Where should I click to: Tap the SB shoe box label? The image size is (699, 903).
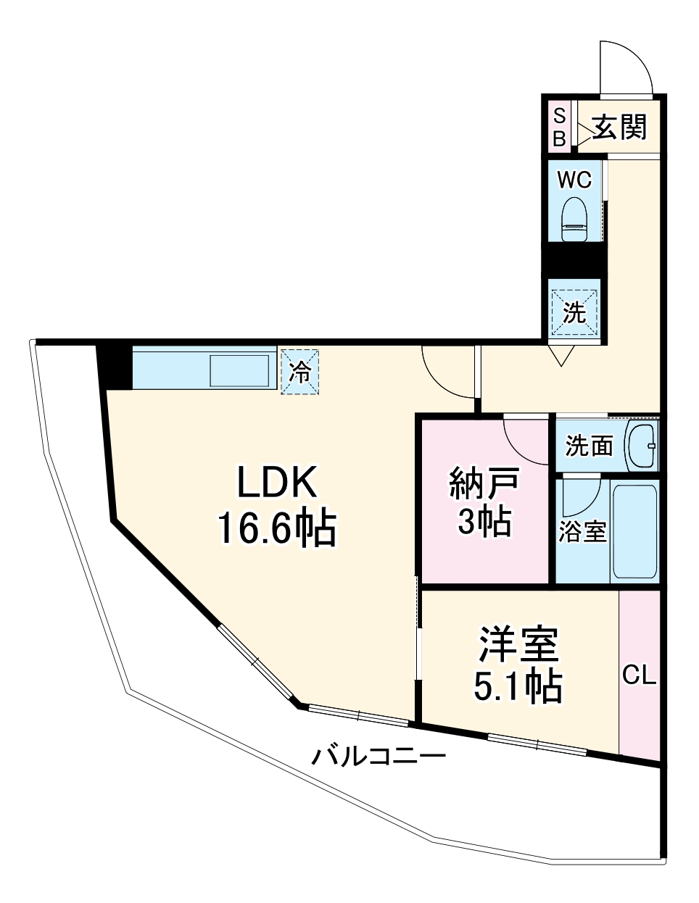coord(559,128)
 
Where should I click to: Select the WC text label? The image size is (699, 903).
coord(574,178)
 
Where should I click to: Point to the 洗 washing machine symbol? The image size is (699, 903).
coord(574,312)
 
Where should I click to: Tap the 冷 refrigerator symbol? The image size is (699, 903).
coord(299,373)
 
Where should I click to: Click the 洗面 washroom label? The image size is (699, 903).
coord(589,446)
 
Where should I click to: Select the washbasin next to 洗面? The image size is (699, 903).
coord(641,445)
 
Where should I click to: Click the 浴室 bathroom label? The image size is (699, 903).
coord(582,531)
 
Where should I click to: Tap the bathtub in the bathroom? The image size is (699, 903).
coord(635,531)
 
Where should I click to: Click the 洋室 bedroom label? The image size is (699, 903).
coord(518,645)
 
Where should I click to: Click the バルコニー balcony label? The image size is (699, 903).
coord(379,758)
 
